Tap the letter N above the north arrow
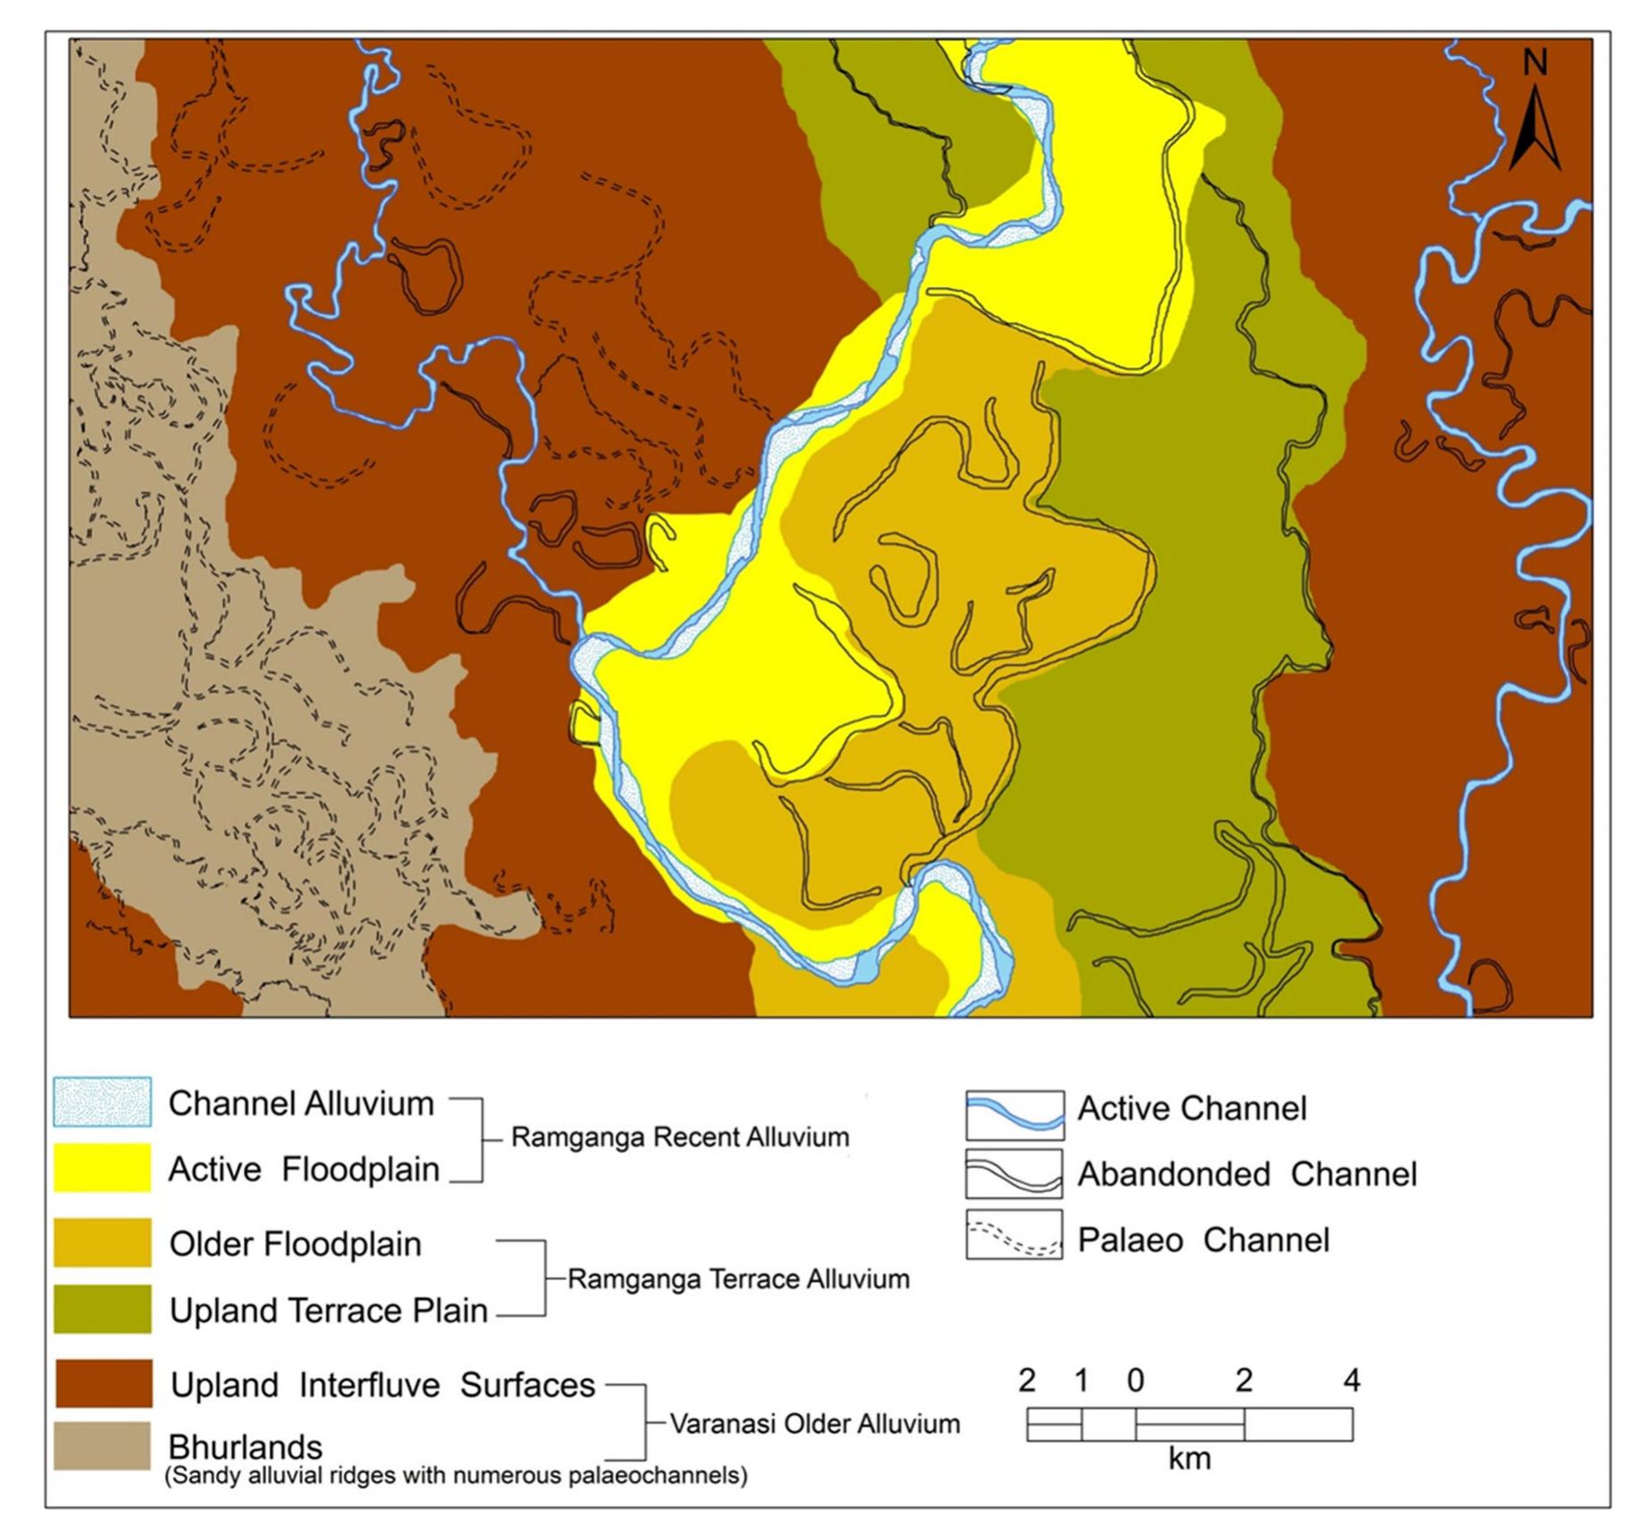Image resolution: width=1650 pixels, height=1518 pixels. pyautogui.click(x=1534, y=62)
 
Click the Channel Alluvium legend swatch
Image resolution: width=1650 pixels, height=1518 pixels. pyautogui.click(x=101, y=1101)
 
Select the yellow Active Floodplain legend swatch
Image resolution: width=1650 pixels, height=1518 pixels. pyautogui.click(x=101, y=1167)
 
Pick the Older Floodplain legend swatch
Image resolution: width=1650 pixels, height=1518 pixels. pyautogui.click(x=101, y=1242)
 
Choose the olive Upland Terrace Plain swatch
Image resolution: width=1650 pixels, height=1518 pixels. pyautogui.click(x=101, y=1308)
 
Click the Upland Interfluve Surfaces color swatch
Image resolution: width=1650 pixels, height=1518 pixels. pyautogui.click(x=103, y=1383)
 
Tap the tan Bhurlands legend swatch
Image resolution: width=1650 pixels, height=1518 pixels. pyautogui.click(x=101, y=1445)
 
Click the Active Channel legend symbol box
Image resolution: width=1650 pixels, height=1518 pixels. pyautogui.click(x=1015, y=1115)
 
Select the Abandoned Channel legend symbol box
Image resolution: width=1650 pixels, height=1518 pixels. pyautogui.click(x=1015, y=1173)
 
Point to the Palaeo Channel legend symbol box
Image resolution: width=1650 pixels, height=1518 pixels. pyautogui.click(x=1015, y=1234)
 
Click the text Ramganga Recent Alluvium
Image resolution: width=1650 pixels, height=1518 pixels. pyautogui.click(x=680, y=1137)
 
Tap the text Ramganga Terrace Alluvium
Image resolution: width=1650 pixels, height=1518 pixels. pyautogui.click(x=739, y=1279)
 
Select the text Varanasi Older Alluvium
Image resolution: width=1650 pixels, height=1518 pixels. pyautogui.click(x=814, y=1424)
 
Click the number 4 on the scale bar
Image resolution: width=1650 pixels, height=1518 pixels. pyautogui.click(x=1351, y=1380)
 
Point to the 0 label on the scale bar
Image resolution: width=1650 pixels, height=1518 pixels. pyautogui.click(x=1135, y=1380)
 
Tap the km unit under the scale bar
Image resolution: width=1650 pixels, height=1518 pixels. pyautogui.click(x=1189, y=1458)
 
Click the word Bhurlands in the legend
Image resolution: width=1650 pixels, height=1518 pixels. pyautogui.click(x=245, y=1446)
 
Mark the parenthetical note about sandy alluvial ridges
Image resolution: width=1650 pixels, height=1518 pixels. pyautogui.click(x=456, y=1475)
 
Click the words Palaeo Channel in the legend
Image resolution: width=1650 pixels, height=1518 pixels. pyautogui.click(x=1203, y=1239)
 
